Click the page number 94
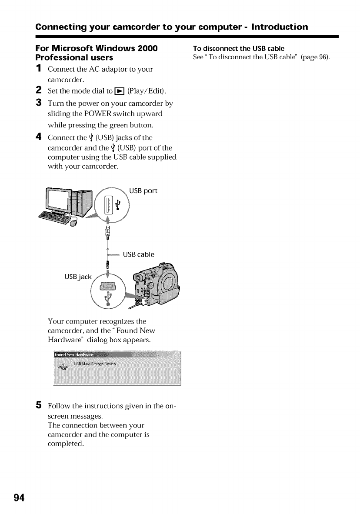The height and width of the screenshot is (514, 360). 19,497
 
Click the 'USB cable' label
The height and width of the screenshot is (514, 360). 139,254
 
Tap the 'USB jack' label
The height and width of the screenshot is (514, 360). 78,277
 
